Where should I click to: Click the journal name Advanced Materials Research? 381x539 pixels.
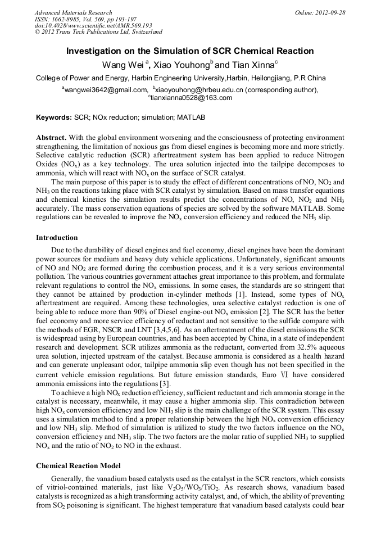click(73, 12)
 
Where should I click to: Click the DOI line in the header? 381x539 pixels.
click(93, 25)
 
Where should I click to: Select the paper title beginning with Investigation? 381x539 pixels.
click(190, 51)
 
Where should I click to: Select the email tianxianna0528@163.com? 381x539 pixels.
click(191, 98)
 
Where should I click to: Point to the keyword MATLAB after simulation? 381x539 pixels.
click(191, 118)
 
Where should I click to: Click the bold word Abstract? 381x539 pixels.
click(52, 138)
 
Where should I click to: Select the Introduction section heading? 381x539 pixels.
click(57, 238)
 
